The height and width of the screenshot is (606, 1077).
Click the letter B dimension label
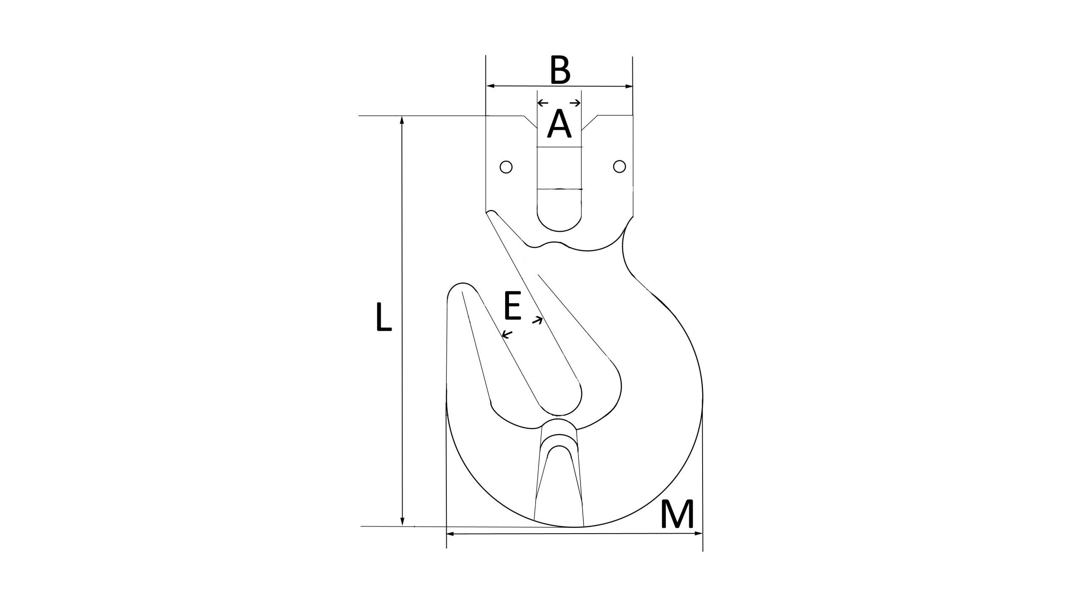pos(560,70)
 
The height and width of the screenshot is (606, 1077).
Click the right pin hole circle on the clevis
pos(619,167)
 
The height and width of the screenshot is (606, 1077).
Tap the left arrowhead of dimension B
pos(490,86)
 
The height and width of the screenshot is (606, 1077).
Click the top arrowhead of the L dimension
pos(402,120)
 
